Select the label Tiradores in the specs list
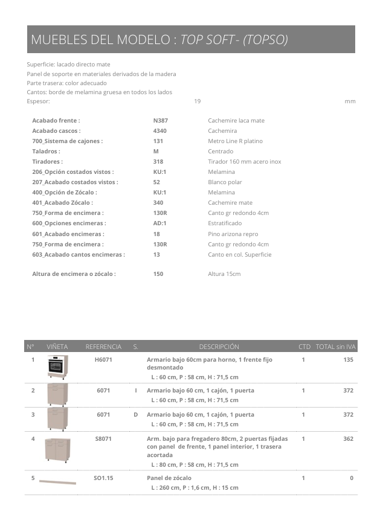coord(47,162)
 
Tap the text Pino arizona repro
coord(233,234)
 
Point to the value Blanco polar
coord(225,182)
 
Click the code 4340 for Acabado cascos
coord(160,131)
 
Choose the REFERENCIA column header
coord(103,347)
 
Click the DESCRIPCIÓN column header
coord(219,347)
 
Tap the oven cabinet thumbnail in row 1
coord(57,367)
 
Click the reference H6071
coord(104,360)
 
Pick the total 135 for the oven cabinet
coord(348,360)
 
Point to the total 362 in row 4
coord(348,439)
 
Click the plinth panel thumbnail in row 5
coord(57,482)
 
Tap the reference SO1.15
coord(103,478)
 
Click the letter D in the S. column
coord(136,415)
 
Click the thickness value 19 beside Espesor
coord(197,101)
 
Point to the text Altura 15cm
coord(224,274)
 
